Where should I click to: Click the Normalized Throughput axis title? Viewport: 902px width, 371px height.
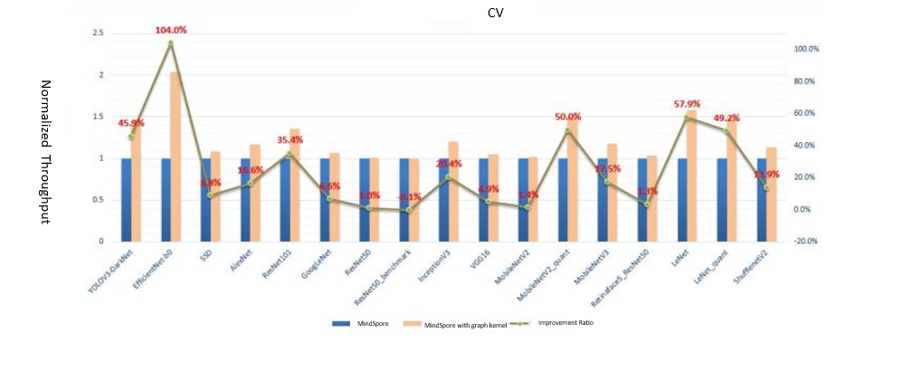46,150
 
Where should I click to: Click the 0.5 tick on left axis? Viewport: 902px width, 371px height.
99,200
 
